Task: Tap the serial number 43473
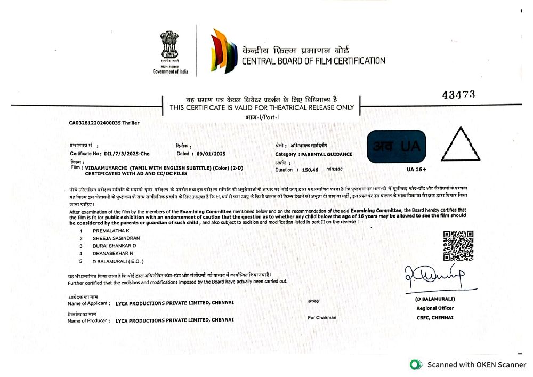tap(459, 94)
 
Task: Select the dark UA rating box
tap(397, 146)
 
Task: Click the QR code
tap(458, 245)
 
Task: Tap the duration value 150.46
tap(310, 170)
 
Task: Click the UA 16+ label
tap(417, 169)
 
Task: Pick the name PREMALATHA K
tap(111, 230)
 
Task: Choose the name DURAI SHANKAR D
tap(115, 246)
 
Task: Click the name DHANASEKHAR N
tap(112, 254)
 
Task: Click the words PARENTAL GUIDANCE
tap(327, 154)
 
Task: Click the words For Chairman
tap(322, 318)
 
